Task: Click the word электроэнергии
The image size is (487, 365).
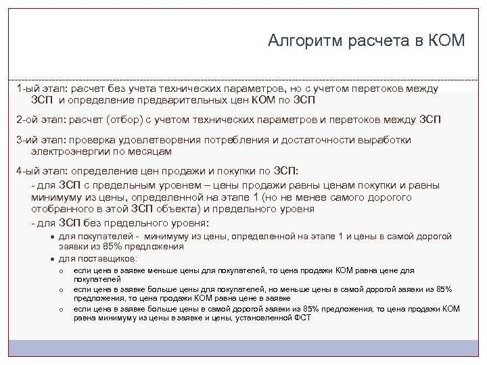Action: (x=67, y=151)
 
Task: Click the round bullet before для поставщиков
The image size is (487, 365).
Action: (x=52, y=258)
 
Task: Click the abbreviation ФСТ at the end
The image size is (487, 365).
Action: (x=302, y=317)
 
